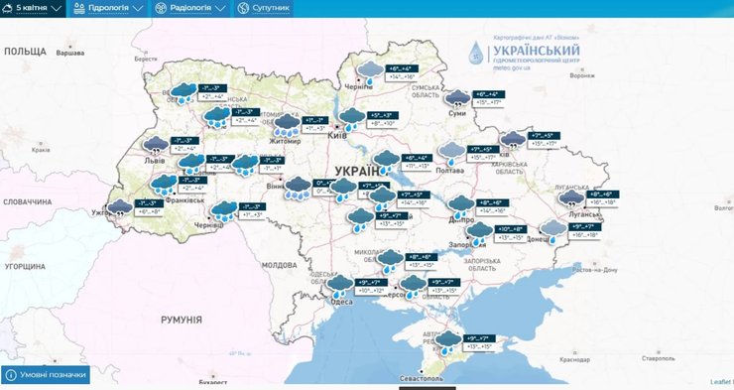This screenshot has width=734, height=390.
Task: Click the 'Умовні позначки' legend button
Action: pyautogui.click(x=45, y=375)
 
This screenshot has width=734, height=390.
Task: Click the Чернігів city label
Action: pyautogui.click(x=357, y=87)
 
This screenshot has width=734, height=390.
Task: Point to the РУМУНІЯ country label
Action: pyautogui.click(x=181, y=321)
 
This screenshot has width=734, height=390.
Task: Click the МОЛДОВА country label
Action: pyautogui.click(x=279, y=266)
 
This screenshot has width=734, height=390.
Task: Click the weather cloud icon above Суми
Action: pyautogui.click(x=457, y=97)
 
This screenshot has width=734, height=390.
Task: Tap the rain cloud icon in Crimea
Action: pyautogui.click(x=448, y=341)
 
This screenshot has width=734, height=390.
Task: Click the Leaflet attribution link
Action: pyautogui.click(x=721, y=381)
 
